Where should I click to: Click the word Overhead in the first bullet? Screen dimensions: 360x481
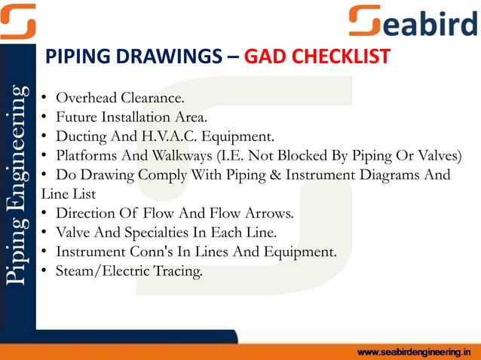(x=85, y=98)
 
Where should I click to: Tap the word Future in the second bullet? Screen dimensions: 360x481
(x=76, y=117)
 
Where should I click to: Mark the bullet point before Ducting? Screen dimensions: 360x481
(x=45, y=137)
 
